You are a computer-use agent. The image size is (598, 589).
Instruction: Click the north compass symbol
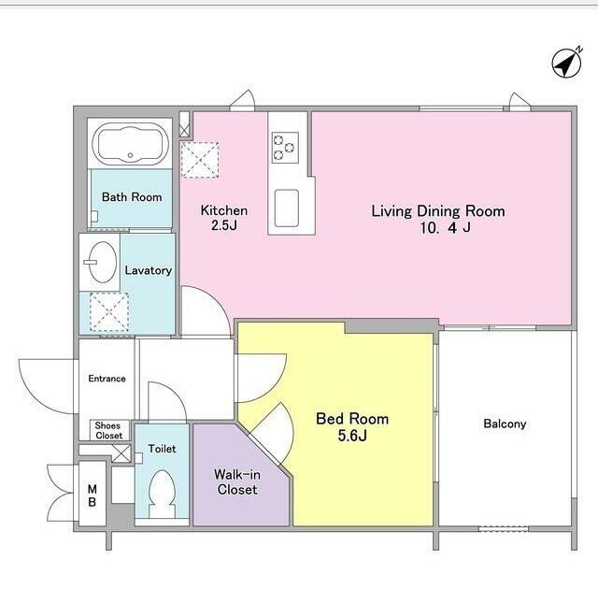[x=567, y=63]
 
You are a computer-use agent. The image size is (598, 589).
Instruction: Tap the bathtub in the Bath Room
[x=131, y=143]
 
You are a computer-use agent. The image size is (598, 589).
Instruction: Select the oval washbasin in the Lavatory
[x=102, y=262]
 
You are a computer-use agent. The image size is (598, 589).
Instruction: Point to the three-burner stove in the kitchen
[x=285, y=148]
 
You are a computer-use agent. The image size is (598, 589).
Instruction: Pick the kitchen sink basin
[x=287, y=208]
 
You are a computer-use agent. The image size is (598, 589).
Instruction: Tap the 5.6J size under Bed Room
[x=352, y=436]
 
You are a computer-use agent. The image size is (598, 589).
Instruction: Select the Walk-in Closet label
[x=237, y=482]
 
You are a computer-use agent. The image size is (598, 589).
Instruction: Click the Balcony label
[x=505, y=424]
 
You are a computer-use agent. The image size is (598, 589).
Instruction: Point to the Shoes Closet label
[x=108, y=430]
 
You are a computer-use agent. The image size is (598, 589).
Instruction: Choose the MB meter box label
[x=92, y=496]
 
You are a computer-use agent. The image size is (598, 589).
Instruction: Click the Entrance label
[x=107, y=379]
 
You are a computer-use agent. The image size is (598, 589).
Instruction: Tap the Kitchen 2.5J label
[x=224, y=218]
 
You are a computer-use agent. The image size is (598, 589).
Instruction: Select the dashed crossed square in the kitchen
[x=199, y=160]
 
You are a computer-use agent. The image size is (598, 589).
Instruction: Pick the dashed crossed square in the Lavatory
[x=109, y=312]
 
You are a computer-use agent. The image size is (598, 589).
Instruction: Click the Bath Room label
[x=132, y=197]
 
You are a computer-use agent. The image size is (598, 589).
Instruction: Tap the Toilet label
[x=162, y=449]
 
